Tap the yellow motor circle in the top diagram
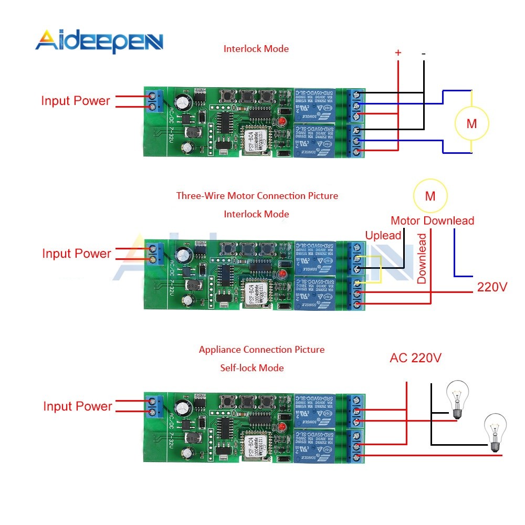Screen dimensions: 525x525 click(x=471, y=124)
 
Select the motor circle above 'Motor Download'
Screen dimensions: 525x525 click(x=430, y=196)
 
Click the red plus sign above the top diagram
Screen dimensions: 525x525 click(x=398, y=52)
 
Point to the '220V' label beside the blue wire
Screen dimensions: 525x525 click(x=492, y=287)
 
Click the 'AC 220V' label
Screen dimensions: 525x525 click(x=415, y=358)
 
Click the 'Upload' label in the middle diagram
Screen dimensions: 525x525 click(x=383, y=235)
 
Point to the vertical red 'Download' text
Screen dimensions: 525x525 click(x=422, y=258)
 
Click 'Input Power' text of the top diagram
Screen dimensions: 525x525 click(x=76, y=101)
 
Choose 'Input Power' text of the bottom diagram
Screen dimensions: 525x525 click(x=78, y=406)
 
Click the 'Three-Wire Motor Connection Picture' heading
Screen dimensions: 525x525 click(x=257, y=196)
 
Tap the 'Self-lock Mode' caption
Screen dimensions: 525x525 click(x=252, y=368)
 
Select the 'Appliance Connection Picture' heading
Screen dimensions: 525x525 click(x=261, y=350)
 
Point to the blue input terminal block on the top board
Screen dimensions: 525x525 click(x=153, y=101)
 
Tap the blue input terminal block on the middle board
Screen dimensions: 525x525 click(x=153, y=254)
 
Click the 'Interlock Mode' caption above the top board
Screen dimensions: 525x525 click(x=256, y=49)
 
